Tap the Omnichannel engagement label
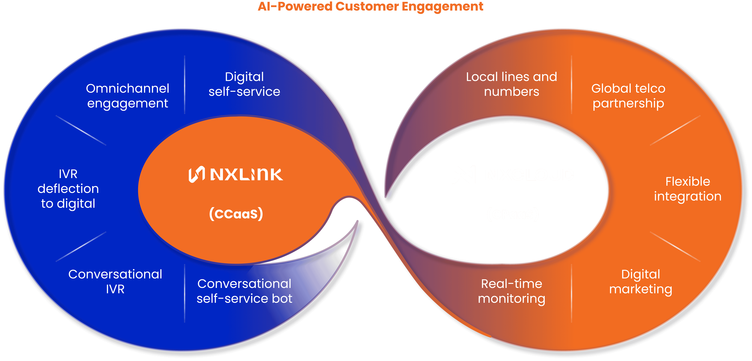[x=128, y=96]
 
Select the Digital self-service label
[x=244, y=84]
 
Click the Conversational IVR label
[x=115, y=281]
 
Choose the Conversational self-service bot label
[x=244, y=291]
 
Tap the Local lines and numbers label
[x=511, y=84]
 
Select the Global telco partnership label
[x=628, y=96]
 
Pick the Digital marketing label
[x=641, y=281]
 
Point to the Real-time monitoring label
[x=511, y=291]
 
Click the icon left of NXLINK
[x=196, y=175]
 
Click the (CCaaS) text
[x=236, y=214]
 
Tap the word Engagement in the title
[x=442, y=6]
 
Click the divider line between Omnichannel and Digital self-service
[x=185, y=85]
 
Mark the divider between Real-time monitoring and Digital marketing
[x=571, y=293]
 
